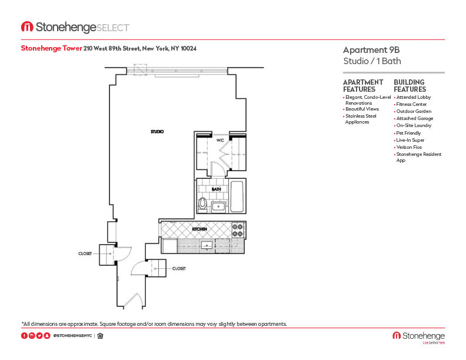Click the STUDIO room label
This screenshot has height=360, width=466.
point(157,132)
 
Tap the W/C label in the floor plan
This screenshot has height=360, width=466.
point(220,141)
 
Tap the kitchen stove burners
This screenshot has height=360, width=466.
point(238,230)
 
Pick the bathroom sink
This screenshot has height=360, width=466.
point(219,206)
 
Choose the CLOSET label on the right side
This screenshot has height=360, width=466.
point(179,268)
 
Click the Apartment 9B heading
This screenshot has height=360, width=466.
point(367,50)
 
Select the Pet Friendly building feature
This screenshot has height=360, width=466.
point(408,133)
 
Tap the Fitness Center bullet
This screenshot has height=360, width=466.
point(411,104)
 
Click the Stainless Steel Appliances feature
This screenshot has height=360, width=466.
point(361,119)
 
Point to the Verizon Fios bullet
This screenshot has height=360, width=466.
point(409,147)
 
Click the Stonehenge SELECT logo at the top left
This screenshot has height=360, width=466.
point(75,27)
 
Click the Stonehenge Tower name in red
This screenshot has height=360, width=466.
point(51,48)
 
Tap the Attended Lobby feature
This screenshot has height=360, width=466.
point(413,97)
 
